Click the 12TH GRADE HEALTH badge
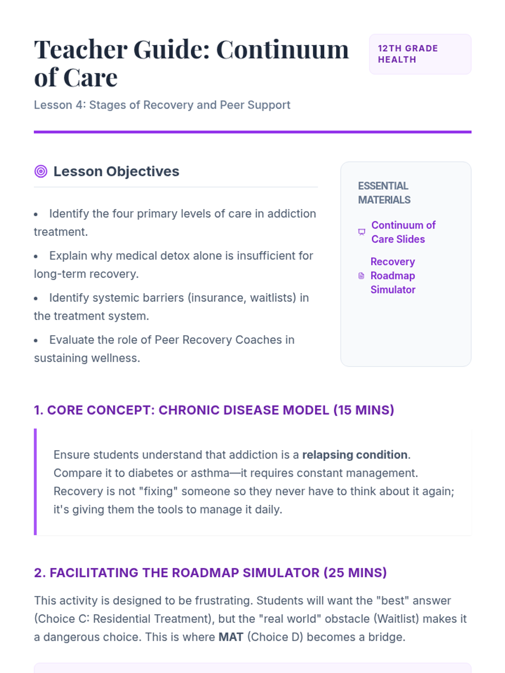[420, 54]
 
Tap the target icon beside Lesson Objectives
[41, 171]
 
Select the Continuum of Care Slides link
[403, 232]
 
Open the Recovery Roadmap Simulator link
[393, 276]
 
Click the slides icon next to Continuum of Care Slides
[361, 232]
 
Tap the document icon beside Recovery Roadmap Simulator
[361, 276]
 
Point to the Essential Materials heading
[384, 193]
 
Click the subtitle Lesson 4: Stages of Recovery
[162, 105]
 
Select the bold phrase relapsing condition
[355, 455]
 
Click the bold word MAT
[231, 637]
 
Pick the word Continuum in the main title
[282, 50]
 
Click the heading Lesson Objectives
[116, 171]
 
